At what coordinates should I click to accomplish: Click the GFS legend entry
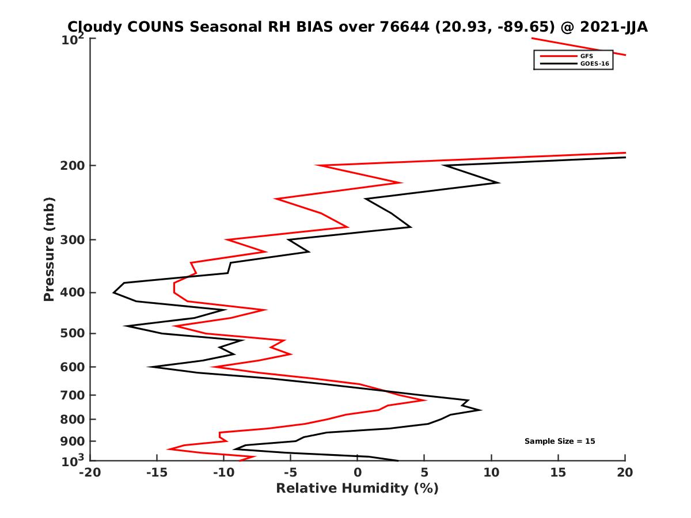coord(587,56)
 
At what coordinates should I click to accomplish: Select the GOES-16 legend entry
coord(593,64)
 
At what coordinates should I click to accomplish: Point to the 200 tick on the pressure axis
coord(72,166)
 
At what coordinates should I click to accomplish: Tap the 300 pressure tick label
coord(72,240)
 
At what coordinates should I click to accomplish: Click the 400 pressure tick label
coord(72,292)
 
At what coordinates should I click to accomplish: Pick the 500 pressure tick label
coord(72,333)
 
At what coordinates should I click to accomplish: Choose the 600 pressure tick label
coord(72,367)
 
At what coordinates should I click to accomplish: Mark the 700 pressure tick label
coord(72,395)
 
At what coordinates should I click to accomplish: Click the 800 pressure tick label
coord(72,419)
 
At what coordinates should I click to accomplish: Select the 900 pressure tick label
coord(72,441)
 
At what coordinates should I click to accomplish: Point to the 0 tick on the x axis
coord(358,473)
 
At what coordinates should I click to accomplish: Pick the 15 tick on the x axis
coord(558,473)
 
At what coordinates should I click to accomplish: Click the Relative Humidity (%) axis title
coord(357,489)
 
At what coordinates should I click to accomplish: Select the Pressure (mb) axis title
coord(49,249)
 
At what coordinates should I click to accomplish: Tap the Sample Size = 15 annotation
coord(559,441)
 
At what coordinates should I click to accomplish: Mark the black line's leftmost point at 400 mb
coord(114,293)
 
